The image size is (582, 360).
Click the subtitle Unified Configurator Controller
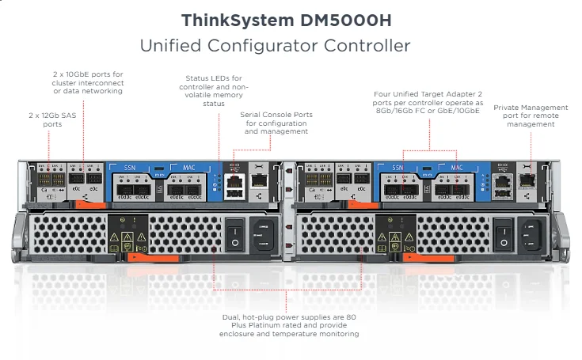275,46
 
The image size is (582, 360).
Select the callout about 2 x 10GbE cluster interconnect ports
87,82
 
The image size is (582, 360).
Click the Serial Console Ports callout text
276,123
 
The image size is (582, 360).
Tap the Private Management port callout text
531,116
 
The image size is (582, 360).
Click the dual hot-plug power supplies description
291,326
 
